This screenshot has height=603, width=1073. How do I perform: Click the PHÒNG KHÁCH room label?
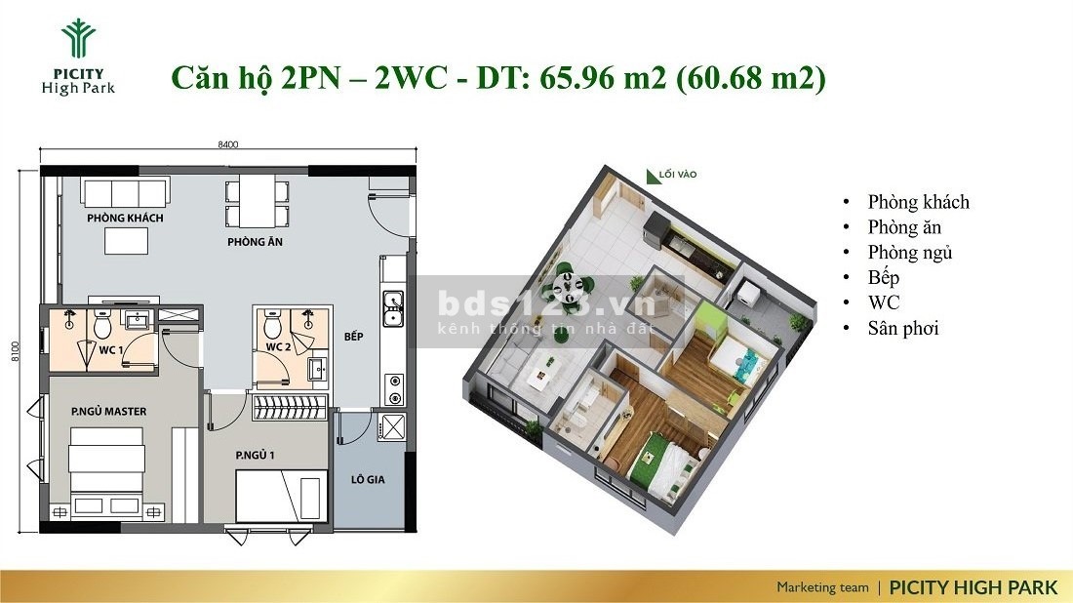coord(125,218)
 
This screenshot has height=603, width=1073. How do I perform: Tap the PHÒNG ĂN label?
coord(256,242)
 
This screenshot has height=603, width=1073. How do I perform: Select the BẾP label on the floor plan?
coord(354,336)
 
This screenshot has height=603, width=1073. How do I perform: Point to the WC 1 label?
coord(111,350)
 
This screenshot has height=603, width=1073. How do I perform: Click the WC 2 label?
coord(279,347)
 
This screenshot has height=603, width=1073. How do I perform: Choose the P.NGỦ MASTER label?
coord(109,412)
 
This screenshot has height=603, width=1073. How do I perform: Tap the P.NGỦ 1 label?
coord(255,455)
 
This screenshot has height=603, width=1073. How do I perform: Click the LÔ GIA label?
coord(368,480)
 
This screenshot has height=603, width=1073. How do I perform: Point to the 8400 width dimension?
coord(228,144)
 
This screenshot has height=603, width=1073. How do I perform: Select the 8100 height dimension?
coord(15,351)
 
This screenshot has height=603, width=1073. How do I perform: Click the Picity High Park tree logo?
coord(78,38)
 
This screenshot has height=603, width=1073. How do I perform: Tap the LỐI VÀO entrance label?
coord(678,175)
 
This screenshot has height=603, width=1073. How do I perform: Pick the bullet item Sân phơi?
coord(902,329)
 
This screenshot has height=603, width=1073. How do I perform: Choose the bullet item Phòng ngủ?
coord(910,253)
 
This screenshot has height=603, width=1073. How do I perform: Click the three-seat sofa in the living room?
coord(125,192)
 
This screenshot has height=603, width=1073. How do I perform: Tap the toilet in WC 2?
coord(273,326)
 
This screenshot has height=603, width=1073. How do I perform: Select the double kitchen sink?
coord(393,308)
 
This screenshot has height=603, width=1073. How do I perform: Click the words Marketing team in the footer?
coord(822,587)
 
